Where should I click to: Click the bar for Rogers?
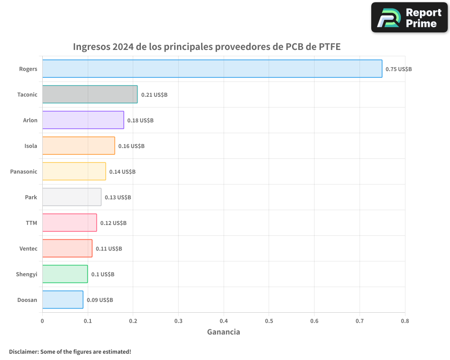pos(212,69)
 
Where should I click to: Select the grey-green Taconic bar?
pos(90,94)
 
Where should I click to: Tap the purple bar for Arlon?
pos(83,120)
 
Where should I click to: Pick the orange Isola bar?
pos(79,146)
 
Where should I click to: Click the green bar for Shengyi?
pos(65,274)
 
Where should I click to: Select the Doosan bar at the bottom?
pos(63,300)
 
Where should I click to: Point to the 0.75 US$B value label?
pos(399,69)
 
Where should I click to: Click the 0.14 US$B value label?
pos(122,172)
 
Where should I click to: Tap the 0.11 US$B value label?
pos(109,249)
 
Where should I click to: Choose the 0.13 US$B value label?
pos(118,198)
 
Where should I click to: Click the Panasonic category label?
pos(24,171)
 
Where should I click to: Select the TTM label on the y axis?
pos(31,223)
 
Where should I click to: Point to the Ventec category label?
pos(28,248)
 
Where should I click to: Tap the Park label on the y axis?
pos(31,197)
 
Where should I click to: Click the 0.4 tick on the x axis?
pos(224,321)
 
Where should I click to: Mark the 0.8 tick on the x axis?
pos(405,321)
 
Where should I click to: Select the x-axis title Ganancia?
pos(224,332)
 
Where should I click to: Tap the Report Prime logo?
pos(409,18)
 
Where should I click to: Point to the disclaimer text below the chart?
pos(70,351)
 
